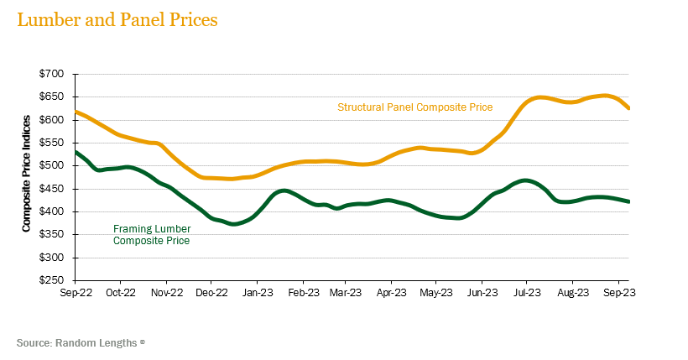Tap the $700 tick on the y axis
[52, 75]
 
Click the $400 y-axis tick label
[52, 211]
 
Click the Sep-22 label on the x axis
[76, 294]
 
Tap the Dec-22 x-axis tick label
[211, 294]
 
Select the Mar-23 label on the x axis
[346, 294]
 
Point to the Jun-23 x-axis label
[482, 294]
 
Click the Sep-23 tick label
[618, 294]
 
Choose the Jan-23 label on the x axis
[257, 294]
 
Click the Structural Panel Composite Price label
[414, 107]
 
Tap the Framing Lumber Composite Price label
[151, 234]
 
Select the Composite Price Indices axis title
[27, 177]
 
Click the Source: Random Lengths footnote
[81, 342]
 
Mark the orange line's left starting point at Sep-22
[76, 112]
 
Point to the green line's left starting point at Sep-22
[76, 152]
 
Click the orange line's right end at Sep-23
[628, 108]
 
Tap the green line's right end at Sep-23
[628, 201]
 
